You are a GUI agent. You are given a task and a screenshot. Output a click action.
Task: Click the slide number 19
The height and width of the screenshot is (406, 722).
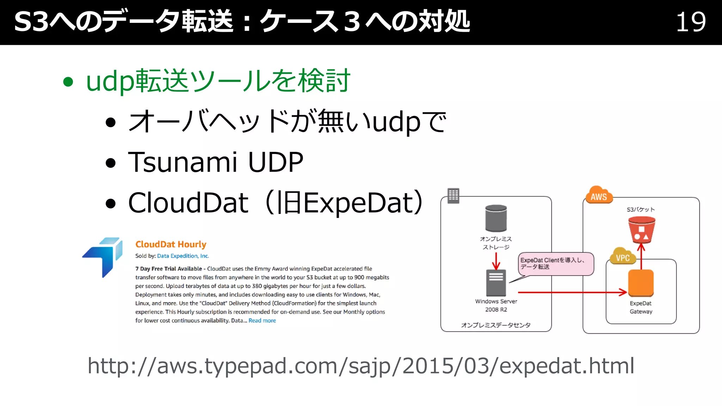[691, 22]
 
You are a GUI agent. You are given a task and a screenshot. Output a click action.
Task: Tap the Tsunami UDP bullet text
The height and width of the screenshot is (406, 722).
[215, 162]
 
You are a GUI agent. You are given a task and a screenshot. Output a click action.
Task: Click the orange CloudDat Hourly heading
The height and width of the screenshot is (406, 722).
[171, 244]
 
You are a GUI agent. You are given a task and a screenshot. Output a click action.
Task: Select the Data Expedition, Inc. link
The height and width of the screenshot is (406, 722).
[183, 256]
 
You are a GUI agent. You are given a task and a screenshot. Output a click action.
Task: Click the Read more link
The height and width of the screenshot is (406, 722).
[262, 320]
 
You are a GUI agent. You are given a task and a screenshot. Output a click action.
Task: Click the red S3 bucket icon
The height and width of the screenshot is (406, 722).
[641, 230]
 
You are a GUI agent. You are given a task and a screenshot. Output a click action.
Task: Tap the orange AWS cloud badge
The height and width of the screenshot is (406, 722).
[599, 196]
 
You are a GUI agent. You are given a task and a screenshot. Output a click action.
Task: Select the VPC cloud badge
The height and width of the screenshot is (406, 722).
[623, 257]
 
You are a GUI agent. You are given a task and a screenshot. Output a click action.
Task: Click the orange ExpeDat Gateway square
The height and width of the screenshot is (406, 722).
[641, 283]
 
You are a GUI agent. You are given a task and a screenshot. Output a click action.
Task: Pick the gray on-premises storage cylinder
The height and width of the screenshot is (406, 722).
[496, 218]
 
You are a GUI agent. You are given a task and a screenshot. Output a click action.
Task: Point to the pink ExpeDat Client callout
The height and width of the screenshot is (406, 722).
[556, 264]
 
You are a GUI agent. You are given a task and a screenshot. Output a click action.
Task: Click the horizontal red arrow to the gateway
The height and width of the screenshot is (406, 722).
[571, 292]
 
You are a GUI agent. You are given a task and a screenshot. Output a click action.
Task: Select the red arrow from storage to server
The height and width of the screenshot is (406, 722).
[496, 261]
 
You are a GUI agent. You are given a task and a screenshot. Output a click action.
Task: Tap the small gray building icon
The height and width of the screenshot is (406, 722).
[453, 195]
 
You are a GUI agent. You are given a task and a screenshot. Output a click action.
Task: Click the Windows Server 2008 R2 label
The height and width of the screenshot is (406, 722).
[496, 305]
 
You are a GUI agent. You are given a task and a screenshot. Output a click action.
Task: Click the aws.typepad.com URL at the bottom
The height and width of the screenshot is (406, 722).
[361, 365]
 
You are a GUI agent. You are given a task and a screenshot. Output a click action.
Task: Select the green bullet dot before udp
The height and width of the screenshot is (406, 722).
[68, 82]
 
